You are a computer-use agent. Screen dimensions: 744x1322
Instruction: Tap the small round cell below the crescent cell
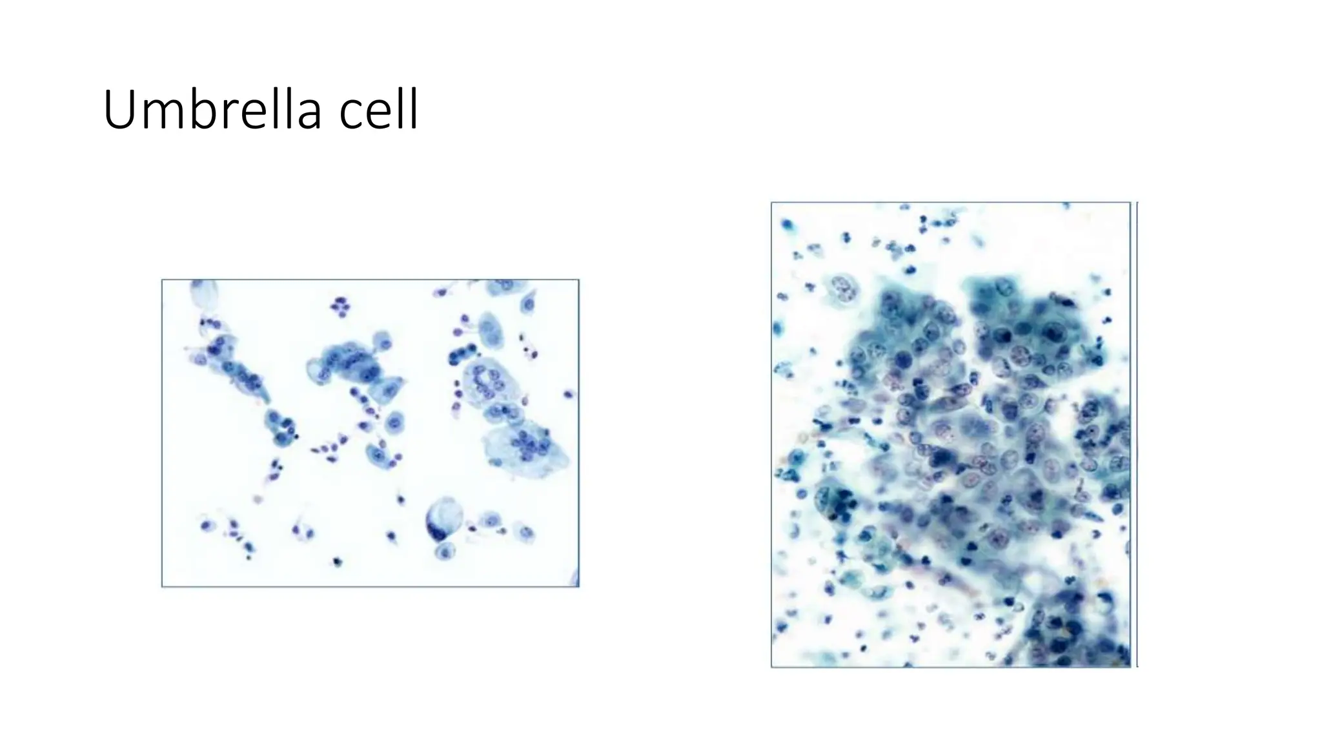(445, 551)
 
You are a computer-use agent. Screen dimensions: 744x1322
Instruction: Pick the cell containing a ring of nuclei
(485, 380)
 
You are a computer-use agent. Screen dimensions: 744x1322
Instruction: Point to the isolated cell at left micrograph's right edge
(569, 394)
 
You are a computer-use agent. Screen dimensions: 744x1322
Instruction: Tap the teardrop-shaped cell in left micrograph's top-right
(529, 302)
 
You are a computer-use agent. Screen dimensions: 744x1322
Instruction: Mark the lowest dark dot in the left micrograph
(336, 561)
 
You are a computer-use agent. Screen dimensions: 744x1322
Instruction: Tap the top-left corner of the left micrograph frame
(162, 280)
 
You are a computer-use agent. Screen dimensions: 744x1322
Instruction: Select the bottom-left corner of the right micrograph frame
(771, 666)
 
